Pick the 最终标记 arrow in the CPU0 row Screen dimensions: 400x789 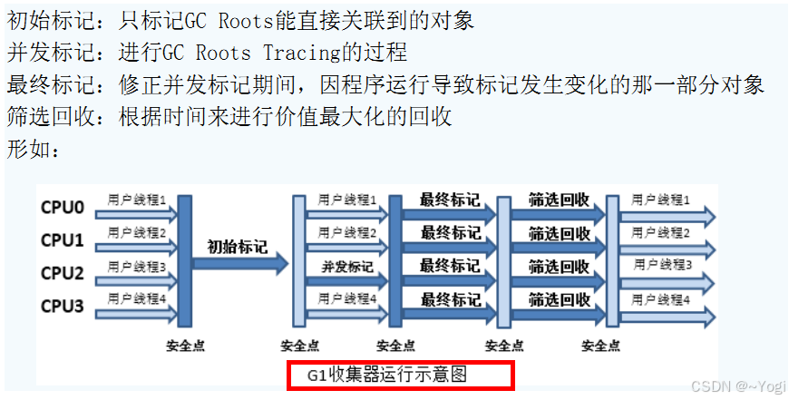[450, 201]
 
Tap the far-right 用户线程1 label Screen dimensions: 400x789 [662, 200]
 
